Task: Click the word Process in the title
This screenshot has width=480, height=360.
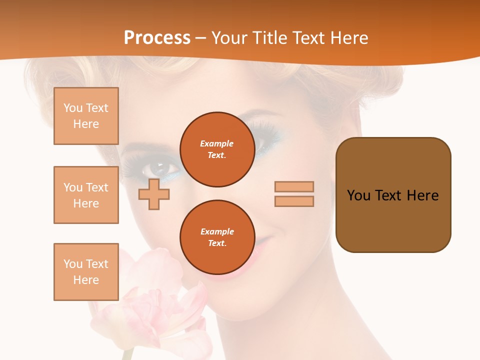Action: (x=157, y=38)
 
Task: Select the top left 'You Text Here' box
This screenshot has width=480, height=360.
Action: (x=86, y=116)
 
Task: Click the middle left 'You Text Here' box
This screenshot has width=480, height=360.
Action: (x=86, y=195)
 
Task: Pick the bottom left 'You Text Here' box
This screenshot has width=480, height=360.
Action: (x=86, y=272)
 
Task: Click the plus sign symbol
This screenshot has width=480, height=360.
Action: (x=154, y=194)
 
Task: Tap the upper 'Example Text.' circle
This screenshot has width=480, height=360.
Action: (x=217, y=149)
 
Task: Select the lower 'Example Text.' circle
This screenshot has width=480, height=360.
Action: (x=217, y=237)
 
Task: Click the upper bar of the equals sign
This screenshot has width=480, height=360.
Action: (x=294, y=186)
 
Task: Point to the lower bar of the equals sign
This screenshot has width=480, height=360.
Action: (x=294, y=201)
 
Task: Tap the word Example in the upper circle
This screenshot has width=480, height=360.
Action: (x=217, y=143)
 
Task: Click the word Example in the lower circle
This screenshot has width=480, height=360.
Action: (x=217, y=231)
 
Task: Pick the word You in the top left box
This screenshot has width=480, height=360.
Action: (x=72, y=108)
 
